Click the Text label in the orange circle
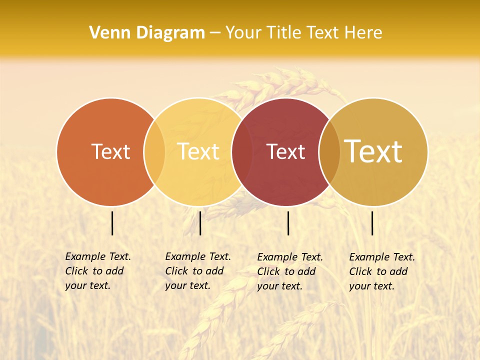pyautogui.click(x=110, y=151)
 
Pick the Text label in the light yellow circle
pyautogui.click(x=198, y=151)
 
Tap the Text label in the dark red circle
pyautogui.click(x=286, y=151)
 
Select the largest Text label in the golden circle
pyautogui.click(x=373, y=151)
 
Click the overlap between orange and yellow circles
pyautogui.click(x=154, y=152)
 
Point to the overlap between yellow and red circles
pyautogui.click(x=242, y=152)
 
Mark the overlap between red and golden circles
pyautogui.click(x=329, y=152)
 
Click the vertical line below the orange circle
pyautogui.click(x=112, y=223)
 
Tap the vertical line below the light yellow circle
pyautogui.click(x=200, y=223)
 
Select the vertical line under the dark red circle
pyautogui.click(x=288, y=223)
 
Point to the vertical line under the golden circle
pyautogui.click(x=372, y=223)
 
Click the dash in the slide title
pyautogui.click(x=215, y=33)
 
